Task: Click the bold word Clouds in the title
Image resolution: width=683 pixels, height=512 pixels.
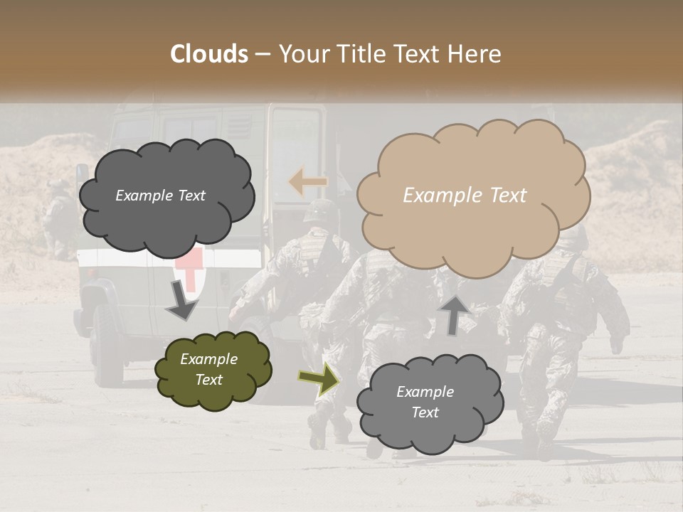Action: coord(209,54)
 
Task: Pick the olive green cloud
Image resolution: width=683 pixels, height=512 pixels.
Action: coord(213,369)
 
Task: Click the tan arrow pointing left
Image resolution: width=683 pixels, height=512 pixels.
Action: coord(307,182)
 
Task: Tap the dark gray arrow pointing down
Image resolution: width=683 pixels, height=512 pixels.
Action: coord(182,302)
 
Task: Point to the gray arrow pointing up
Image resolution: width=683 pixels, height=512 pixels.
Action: coord(454,314)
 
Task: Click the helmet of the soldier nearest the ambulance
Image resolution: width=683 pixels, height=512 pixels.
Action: coord(321,210)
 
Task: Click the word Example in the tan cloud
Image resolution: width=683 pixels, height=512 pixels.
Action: coord(435,196)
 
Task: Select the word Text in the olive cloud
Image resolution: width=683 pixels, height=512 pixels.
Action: coord(208,380)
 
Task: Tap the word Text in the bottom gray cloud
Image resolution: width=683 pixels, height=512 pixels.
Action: coord(425,412)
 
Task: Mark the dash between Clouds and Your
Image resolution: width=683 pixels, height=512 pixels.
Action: coord(262,55)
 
